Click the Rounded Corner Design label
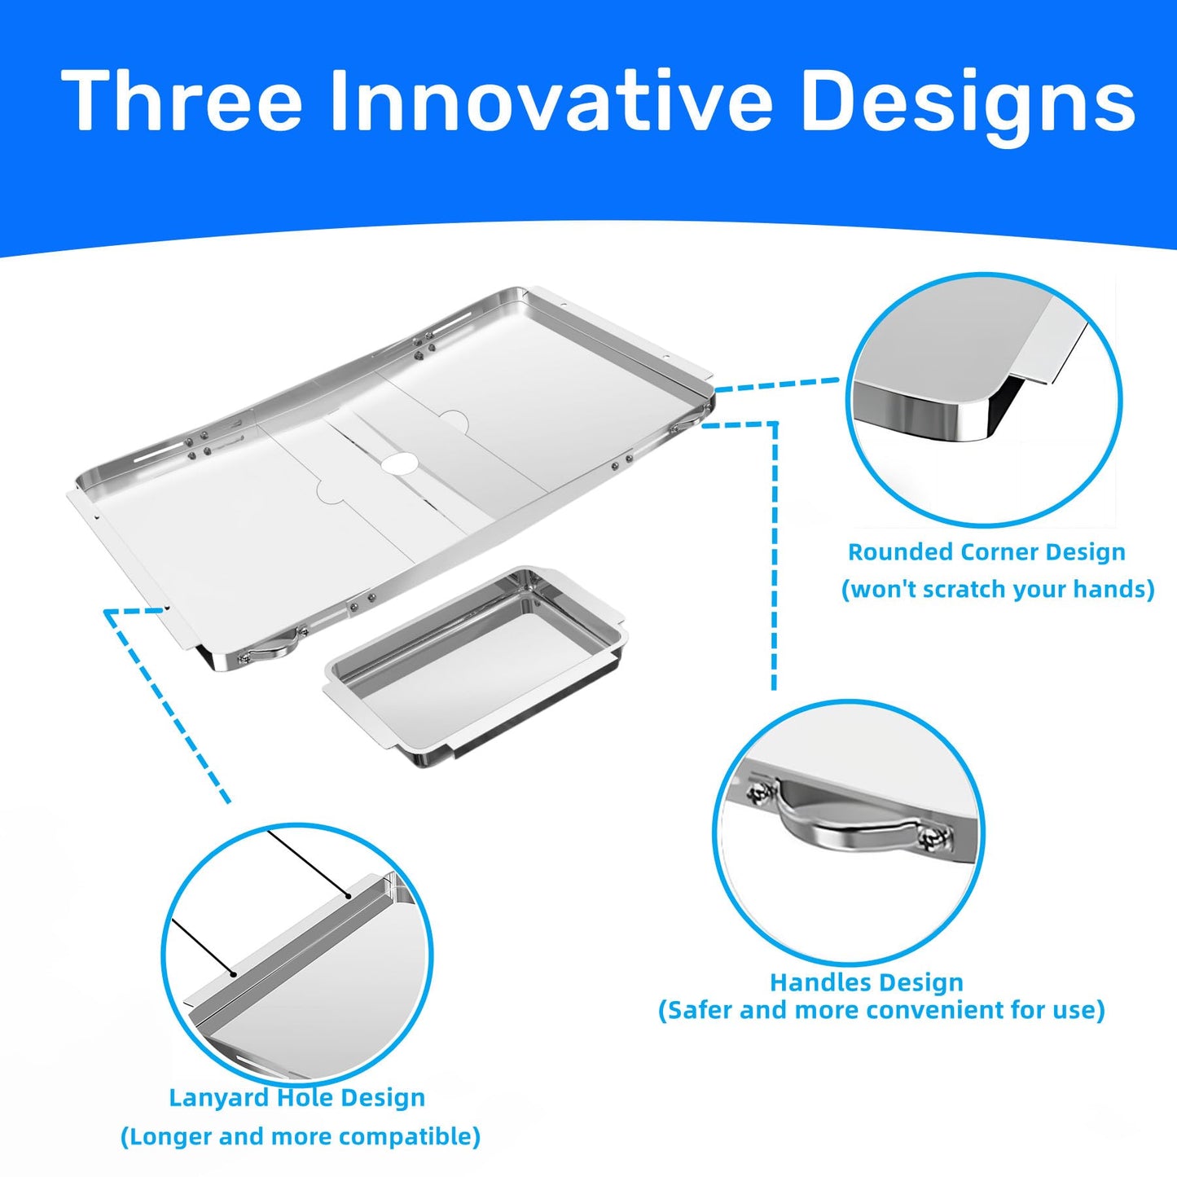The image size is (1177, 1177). pyautogui.click(x=986, y=552)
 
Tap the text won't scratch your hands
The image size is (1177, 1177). pyautogui.click(x=998, y=590)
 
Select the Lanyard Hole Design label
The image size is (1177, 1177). pyautogui.click(x=296, y=1097)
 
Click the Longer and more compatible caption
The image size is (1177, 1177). pyautogui.click(x=301, y=1137)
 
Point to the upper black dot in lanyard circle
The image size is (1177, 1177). pyautogui.click(x=348, y=895)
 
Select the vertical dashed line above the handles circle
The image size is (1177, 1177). pyautogui.click(x=775, y=556)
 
